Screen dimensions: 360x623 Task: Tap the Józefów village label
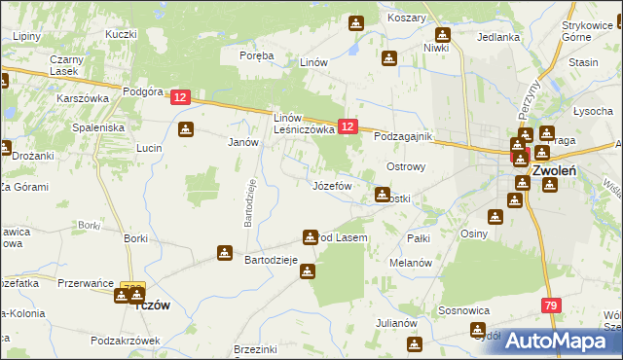[x=331, y=185]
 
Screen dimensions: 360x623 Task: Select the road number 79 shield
[x=551, y=306]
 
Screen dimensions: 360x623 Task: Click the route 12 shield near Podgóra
[x=180, y=97]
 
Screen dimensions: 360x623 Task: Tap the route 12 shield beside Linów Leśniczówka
[x=349, y=126]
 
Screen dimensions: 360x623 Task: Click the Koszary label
[x=406, y=18]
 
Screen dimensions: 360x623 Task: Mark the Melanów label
[x=410, y=264]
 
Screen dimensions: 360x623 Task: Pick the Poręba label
[x=257, y=55]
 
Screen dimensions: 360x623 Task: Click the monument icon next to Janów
[x=185, y=129]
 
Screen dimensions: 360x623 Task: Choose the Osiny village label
[x=474, y=234]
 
